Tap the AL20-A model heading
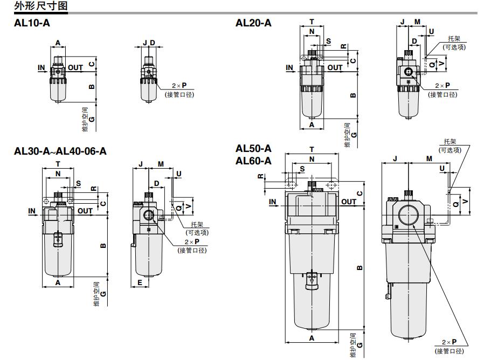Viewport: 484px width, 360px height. pos(253,23)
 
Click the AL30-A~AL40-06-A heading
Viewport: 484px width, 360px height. pos(60,151)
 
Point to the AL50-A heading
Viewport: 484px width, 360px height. pos(253,149)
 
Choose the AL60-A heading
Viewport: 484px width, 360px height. pos(253,161)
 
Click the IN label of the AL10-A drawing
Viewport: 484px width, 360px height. pos(42,67)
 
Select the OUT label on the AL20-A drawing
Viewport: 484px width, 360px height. pos(335,67)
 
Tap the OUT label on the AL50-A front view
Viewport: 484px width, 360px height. pos(349,202)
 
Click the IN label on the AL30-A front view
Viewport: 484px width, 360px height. pos(32,211)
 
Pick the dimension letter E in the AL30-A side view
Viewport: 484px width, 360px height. pos(140,283)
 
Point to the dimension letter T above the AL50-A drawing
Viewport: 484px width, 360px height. pos(312,149)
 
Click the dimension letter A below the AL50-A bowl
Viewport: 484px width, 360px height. pos(312,338)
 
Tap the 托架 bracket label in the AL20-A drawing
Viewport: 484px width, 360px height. pos(454,39)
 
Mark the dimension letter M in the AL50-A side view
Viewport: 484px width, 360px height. pos(429,158)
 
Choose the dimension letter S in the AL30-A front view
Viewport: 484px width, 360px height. pos(78,183)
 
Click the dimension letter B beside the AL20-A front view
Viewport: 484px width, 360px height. pos(354,95)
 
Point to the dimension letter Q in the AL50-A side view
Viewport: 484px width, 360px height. pos(456,204)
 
